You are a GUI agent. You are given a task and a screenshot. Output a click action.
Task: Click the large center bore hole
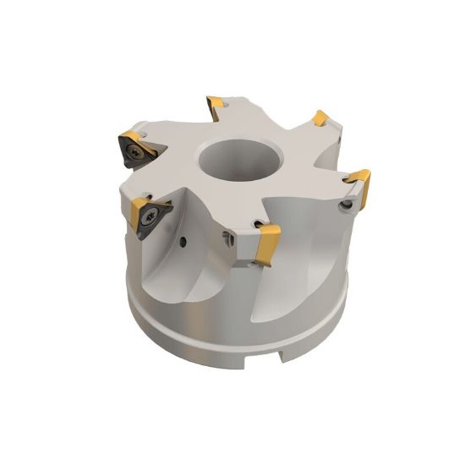[231, 162]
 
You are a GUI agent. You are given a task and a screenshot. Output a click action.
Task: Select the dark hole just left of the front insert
[229, 239]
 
